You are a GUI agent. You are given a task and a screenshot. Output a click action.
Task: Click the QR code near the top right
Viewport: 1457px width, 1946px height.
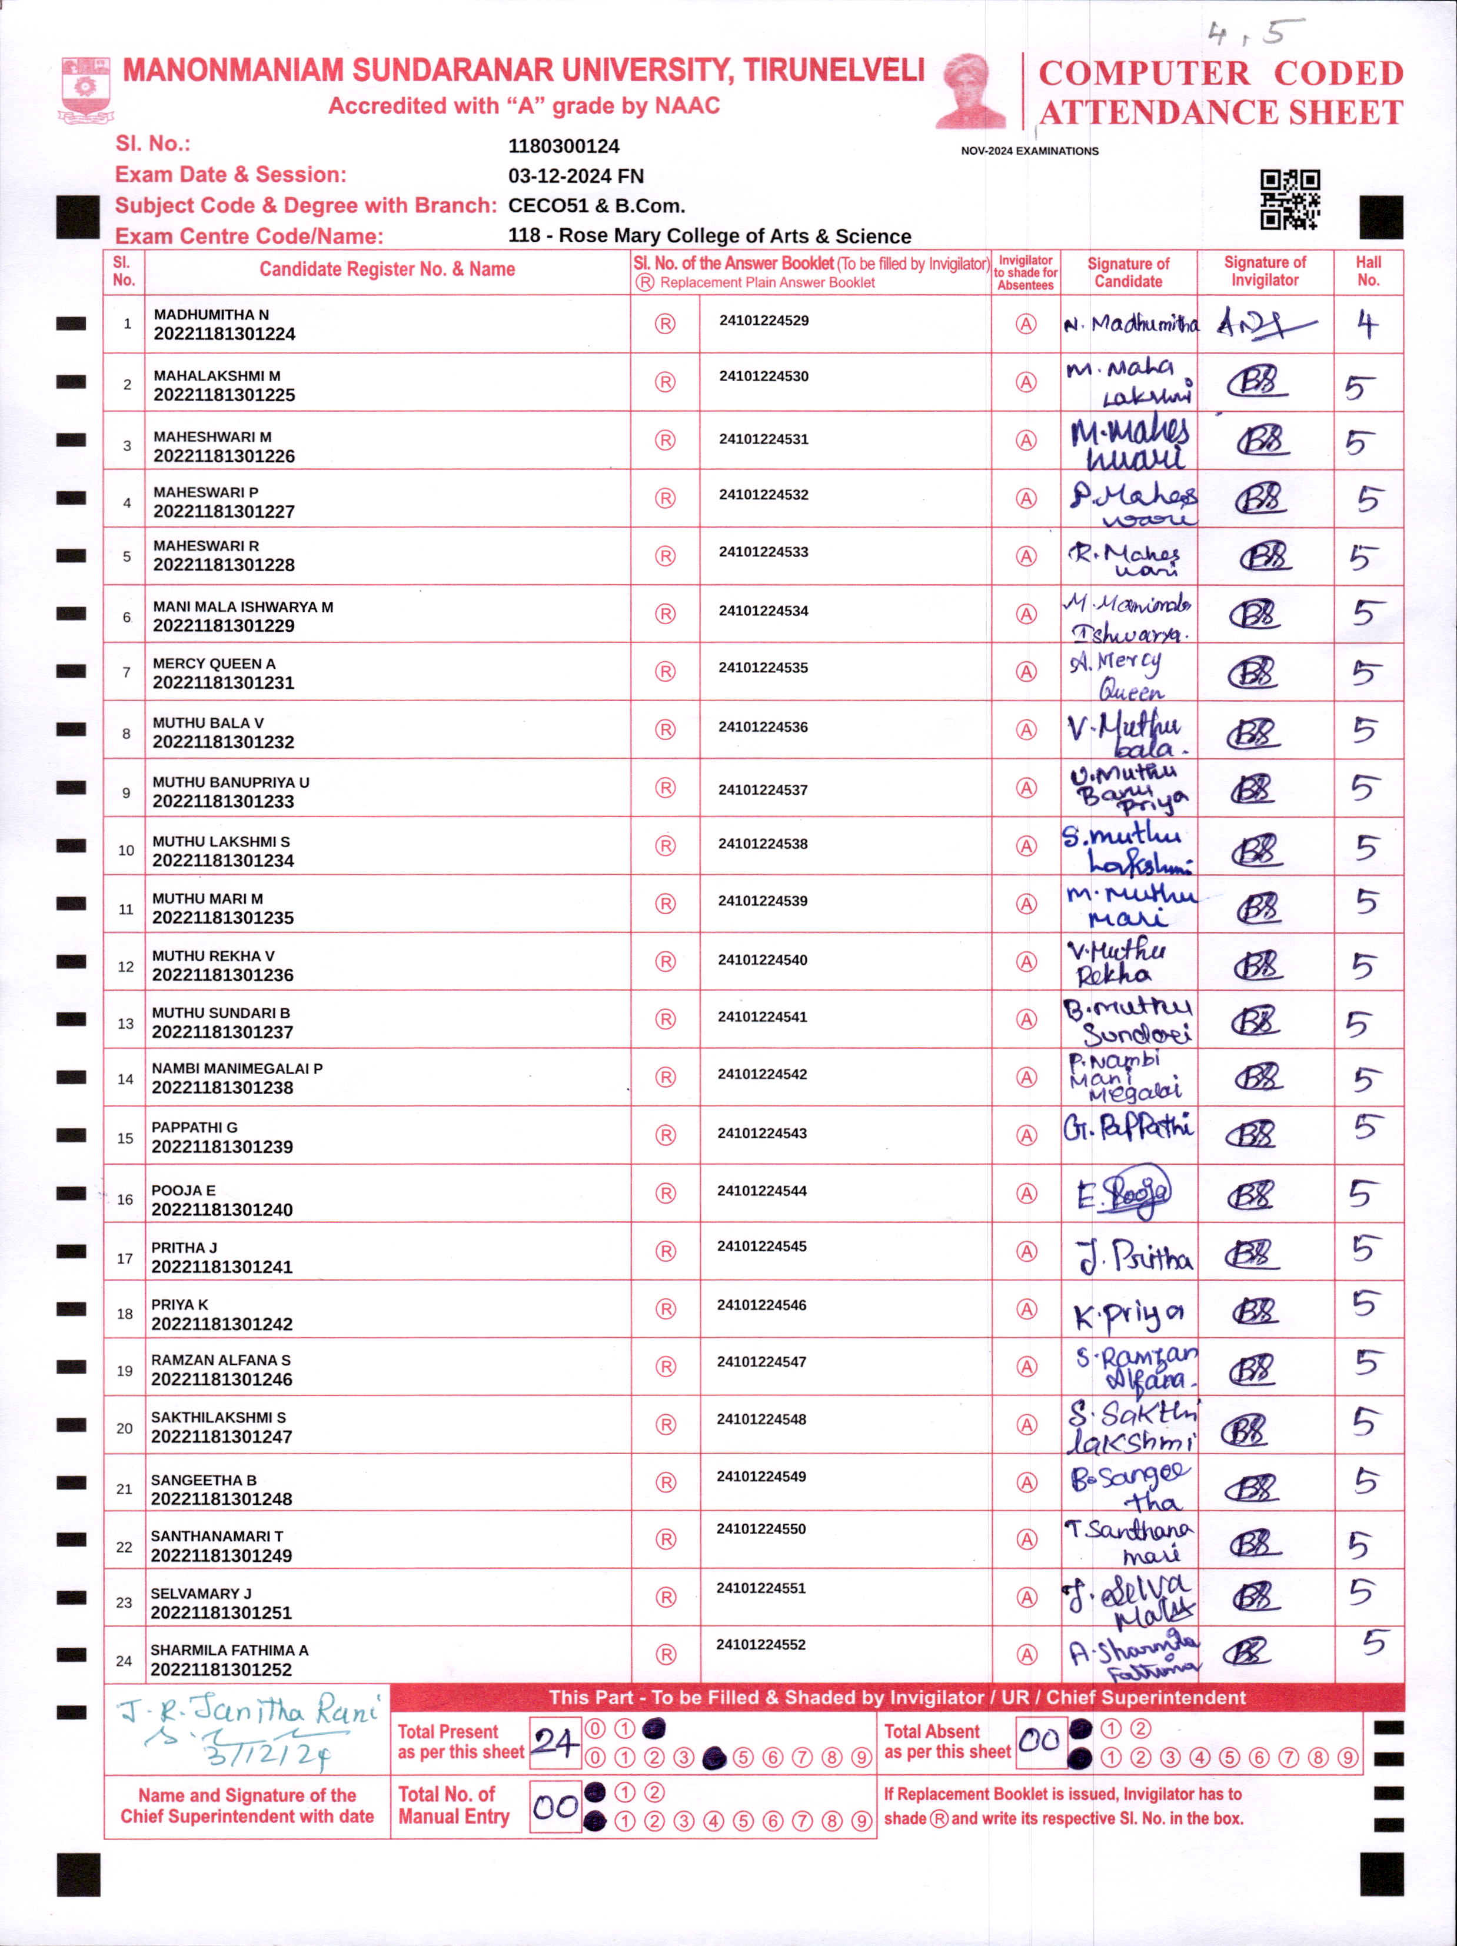point(1290,199)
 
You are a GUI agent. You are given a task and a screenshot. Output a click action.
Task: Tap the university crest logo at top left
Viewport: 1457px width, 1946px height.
point(85,88)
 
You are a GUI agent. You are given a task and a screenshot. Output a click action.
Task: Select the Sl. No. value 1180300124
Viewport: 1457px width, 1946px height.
point(564,146)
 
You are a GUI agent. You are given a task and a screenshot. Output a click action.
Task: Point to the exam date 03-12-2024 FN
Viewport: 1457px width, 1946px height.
point(576,176)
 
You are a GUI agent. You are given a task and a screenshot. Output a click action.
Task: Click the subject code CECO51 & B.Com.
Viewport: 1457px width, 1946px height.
point(596,206)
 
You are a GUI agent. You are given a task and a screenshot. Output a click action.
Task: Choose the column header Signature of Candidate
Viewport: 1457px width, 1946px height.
point(1128,273)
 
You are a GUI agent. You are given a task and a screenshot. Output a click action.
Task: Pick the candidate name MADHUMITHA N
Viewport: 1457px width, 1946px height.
point(211,314)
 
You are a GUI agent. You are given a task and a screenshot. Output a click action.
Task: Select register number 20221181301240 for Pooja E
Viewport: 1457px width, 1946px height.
point(222,1209)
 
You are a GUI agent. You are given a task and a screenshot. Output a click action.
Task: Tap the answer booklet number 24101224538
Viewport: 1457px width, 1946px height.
point(762,844)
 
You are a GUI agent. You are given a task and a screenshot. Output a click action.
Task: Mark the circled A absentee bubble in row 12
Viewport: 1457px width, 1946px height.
point(1026,962)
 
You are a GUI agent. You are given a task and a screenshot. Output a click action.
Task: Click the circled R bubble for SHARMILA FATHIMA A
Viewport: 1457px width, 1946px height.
point(666,1655)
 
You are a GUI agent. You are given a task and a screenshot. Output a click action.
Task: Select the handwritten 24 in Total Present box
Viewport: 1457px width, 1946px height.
point(554,1742)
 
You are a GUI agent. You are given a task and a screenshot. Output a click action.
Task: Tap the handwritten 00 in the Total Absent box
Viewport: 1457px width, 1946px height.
point(1039,1740)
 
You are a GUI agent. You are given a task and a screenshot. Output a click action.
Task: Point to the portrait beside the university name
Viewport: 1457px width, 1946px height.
point(972,91)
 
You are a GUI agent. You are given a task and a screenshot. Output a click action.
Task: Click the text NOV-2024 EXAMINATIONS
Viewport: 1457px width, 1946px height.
point(1029,151)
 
